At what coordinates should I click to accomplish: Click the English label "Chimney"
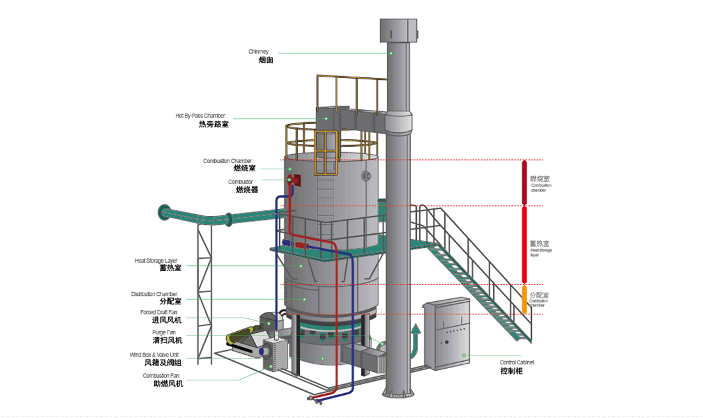tap(259, 52)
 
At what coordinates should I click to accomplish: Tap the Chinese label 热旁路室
tap(213, 125)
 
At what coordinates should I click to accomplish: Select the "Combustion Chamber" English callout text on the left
tap(228, 160)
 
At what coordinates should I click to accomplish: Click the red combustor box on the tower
tap(293, 179)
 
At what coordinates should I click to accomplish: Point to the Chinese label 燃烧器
tap(247, 190)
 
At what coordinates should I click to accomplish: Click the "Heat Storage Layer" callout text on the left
tap(156, 260)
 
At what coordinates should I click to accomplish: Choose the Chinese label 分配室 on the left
tap(170, 301)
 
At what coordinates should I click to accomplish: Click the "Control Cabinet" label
tap(517, 362)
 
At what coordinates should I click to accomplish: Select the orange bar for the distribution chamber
tap(525, 299)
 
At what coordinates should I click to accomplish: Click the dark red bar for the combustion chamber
tap(525, 182)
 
